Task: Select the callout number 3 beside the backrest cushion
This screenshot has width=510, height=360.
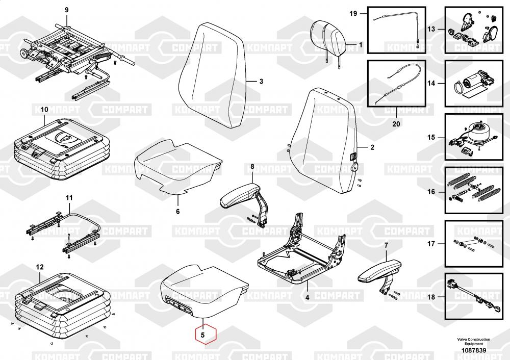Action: (261, 82)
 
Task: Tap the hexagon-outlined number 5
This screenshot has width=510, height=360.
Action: (202, 336)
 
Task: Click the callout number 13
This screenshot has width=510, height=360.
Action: (431, 29)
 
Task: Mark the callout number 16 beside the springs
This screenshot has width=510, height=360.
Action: (431, 192)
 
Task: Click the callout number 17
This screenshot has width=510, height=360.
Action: (431, 244)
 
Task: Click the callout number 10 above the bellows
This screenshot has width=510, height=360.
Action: (44, 110)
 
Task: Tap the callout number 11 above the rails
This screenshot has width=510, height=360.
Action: (69, 197)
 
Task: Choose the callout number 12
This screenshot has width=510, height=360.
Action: (40, 267)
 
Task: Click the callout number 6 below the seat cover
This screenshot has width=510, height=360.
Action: (178, 211)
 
